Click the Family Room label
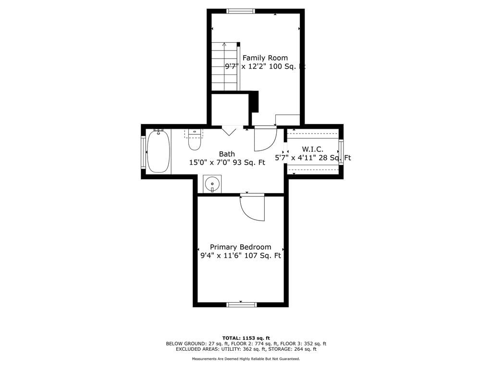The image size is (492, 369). [265, 58]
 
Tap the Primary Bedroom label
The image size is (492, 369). [240, 247]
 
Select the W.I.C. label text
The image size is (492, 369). [312, 149]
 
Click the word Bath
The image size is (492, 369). [227, 154]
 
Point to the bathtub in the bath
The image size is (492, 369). [159, 151]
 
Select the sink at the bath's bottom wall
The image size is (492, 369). [212, 184]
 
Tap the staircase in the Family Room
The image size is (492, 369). [224, 67]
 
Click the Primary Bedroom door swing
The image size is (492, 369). [252, 208]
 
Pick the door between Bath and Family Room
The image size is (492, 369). [265, 138]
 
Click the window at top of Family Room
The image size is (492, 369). [241, 12]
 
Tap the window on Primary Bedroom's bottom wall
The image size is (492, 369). [242, 304]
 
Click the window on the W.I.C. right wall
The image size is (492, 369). [341, 152]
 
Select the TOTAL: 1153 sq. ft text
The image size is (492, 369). [246, 338]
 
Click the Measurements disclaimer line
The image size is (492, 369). [246, 358]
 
